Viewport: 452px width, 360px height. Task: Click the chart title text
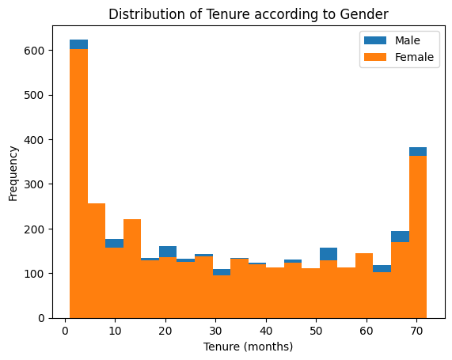248,14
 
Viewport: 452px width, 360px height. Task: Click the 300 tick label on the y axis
38,184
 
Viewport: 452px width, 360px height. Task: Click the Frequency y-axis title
13,172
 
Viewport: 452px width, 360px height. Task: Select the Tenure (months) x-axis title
248,347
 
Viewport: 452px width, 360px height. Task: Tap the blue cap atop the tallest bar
78,44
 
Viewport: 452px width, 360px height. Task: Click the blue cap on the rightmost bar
418,151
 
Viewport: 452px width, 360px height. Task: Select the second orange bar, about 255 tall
97,261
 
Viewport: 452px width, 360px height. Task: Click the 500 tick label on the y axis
38,95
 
